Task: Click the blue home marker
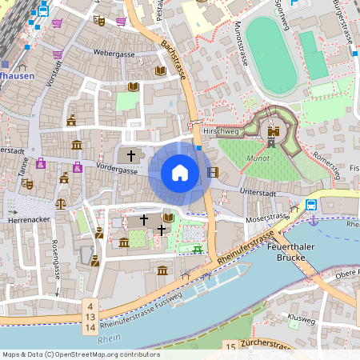180,173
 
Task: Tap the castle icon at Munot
274,135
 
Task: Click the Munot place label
258,159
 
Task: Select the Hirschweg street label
221,130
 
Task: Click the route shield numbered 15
230,346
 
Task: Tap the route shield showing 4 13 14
91,317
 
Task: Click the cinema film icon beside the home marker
212,172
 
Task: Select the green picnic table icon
196,249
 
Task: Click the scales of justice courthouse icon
64,178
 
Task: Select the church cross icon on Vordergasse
131,154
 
